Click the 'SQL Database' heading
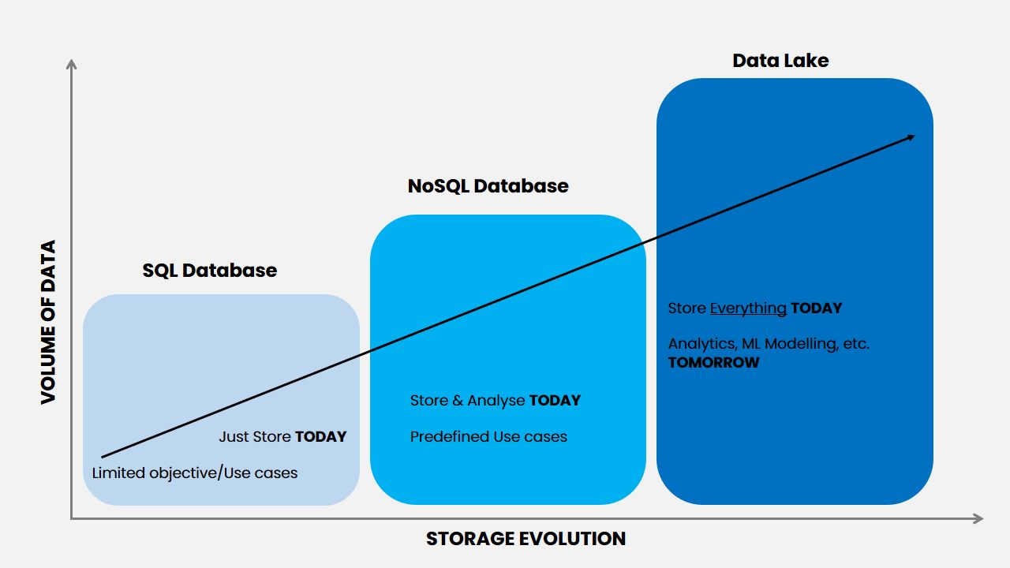[x=210, y=271]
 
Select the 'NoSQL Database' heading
[x=488, y=186]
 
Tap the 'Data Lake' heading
[x=780, y=61]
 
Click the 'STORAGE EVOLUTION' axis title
[x=526, y=539]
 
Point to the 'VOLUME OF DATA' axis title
[x=48, y=322]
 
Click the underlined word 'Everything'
[x=748, y=308]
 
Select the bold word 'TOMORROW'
[x=714, y=362]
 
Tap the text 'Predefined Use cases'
[x=488, y=437]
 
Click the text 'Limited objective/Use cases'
[x=195, y=473]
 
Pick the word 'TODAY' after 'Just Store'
[x=320, y=437]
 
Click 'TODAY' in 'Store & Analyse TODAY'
[x=555, y=400]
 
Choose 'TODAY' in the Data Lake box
[x=817, y=308]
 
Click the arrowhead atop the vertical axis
[x=71, y=64]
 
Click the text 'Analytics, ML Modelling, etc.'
[x=769, y=344]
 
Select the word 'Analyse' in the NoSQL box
[x=496, y=401]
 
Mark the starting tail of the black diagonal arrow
[x=103, y=457]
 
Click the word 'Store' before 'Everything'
[x=686, y=308]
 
